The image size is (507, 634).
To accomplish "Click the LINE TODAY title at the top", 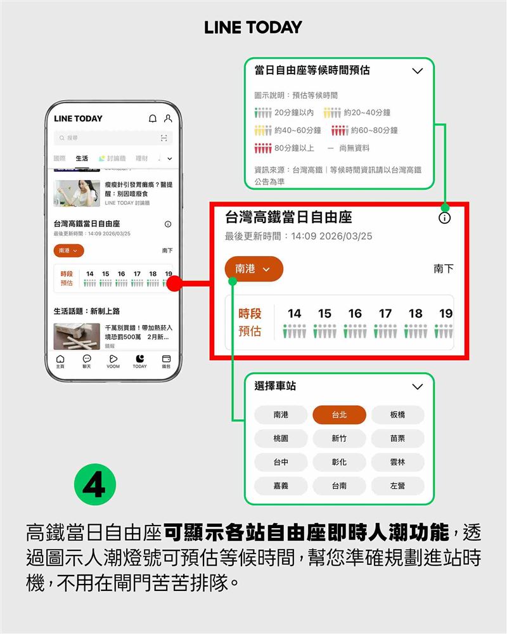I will click(x=253, y=27).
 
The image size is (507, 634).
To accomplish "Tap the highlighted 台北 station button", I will click(x=339, y=415).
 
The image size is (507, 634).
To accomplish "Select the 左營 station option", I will click(x=397, y=486).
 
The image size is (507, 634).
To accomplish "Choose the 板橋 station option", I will click(x=397, y=415).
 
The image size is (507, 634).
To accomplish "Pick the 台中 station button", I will click(x=281, y=462).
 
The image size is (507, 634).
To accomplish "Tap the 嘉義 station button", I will click(x=281, y=486).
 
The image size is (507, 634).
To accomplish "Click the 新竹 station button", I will click(x=339, y=439).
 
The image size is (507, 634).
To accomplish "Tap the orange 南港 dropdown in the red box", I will click(x=253, y=269).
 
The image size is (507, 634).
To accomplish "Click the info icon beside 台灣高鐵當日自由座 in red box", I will click(x=444, y=218).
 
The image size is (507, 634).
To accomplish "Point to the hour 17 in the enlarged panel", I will click(x=385, y=313).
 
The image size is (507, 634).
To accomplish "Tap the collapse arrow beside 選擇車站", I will click(x=417, y=387).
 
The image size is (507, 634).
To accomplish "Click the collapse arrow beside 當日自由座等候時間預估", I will click(x=417, y=71).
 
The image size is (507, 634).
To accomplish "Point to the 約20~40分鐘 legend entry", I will click(x=357, y=113).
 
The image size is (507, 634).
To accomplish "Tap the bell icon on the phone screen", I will click(x=152, y=119).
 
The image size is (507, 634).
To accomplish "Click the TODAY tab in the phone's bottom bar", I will click(x=139, y=361).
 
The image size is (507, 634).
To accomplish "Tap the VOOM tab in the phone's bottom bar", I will click(x=113, y=361).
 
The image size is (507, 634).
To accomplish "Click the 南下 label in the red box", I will click(x=444, y=269).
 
